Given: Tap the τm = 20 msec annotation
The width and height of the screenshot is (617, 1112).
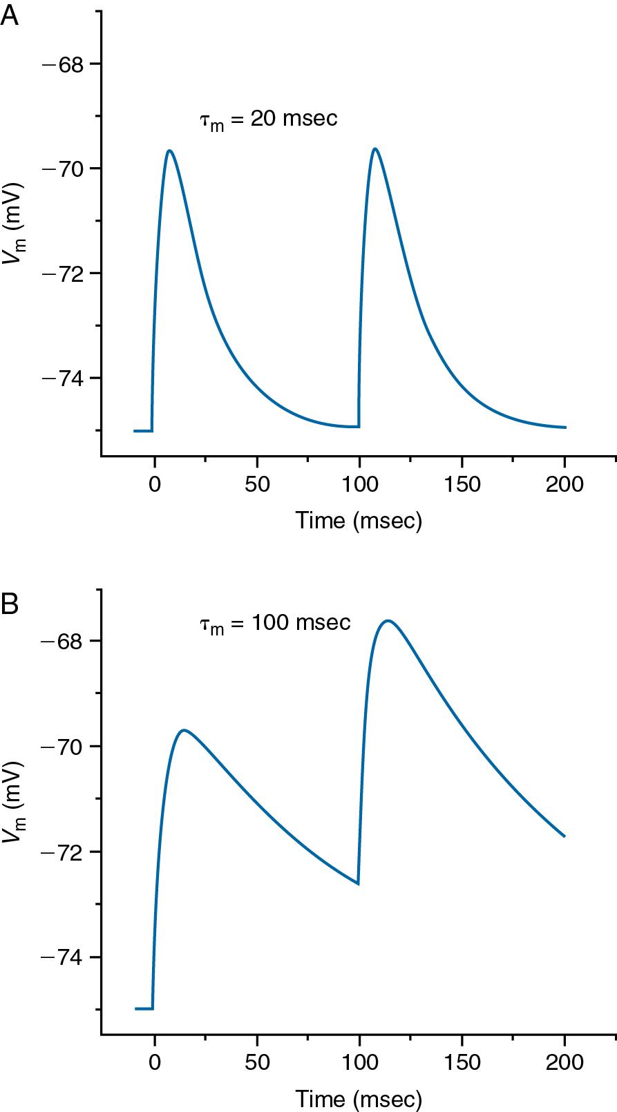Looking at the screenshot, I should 269,119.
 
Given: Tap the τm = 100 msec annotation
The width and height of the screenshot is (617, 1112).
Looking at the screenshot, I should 275,623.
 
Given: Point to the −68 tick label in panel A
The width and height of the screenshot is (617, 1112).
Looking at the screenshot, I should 63,64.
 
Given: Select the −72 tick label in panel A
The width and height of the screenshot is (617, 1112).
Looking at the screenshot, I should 63,274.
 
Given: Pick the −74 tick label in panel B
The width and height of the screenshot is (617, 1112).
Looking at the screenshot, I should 63,957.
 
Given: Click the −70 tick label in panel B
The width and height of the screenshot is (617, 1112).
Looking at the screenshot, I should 63,747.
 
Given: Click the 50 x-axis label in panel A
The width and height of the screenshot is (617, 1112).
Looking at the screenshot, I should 257,483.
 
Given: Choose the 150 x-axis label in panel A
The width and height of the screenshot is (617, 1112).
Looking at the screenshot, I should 462,483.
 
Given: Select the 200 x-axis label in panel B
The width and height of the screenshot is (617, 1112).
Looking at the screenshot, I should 564,1062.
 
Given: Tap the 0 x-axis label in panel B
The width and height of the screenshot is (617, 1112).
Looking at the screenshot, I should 154,1062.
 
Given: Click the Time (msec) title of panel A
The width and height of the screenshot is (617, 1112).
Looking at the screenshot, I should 359,520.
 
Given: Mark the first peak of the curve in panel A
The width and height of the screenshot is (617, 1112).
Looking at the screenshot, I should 169,151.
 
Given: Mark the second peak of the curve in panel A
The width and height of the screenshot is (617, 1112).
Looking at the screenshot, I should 375,148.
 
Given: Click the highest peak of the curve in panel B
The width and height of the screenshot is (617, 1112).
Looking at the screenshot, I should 388,621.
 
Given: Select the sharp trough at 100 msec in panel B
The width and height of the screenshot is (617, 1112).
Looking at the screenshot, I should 358,883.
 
